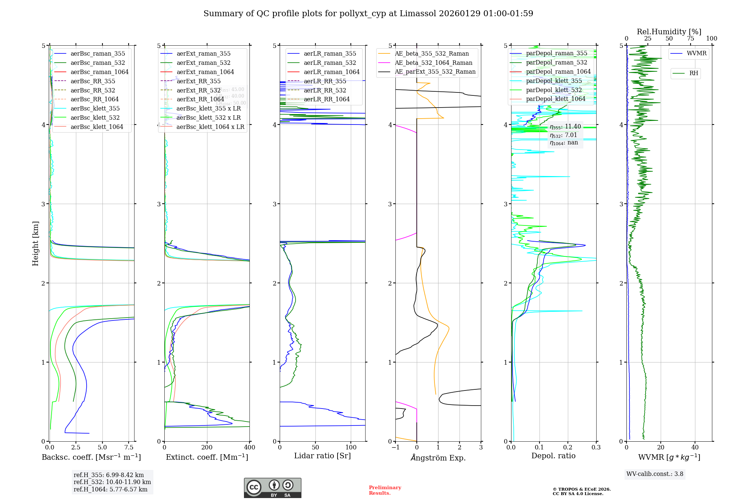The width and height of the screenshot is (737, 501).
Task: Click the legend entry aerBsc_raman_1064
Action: [x=99, y=72]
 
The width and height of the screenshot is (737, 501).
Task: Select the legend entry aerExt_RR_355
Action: [x=198, y=81]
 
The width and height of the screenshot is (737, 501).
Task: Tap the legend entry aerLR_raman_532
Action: [x=330, y=63]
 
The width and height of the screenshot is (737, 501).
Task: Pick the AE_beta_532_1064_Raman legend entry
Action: [x=433, y=63]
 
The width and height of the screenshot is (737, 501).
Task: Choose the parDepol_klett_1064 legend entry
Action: [x=555, y=99]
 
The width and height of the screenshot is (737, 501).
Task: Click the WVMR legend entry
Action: [x=696, y=53]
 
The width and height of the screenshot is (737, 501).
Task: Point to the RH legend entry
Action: [x=694, y=73]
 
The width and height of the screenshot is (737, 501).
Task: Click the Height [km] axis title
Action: [x=35, y=243]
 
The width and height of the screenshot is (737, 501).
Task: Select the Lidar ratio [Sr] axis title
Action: [x=322, y=456]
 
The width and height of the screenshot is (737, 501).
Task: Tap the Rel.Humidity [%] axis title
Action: [x=669, y=32]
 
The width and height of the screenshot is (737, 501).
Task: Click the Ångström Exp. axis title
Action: [x=438, y=458]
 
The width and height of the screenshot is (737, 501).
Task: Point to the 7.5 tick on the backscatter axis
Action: [x=129, y=447]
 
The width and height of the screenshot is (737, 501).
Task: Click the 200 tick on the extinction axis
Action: [x=207, y=447]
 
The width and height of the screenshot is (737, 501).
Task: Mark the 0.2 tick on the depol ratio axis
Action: [x=567, y=447]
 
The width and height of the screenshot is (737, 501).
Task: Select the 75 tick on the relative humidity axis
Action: [x=690, y=38]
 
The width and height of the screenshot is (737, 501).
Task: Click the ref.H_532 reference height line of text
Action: [x=112, y=482]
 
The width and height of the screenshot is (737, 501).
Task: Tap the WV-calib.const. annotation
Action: [x=654, y=474]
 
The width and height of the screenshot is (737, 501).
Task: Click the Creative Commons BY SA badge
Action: [x=272, y=488]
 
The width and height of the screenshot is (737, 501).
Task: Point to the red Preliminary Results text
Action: [x=385, y=490]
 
